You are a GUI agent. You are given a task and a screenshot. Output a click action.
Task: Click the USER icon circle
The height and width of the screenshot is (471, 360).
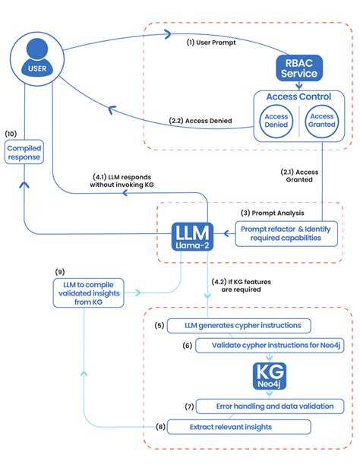[x=36, y=60]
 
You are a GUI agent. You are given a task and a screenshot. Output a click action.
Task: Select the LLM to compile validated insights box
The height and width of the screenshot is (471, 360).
[x=85, y=292]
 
